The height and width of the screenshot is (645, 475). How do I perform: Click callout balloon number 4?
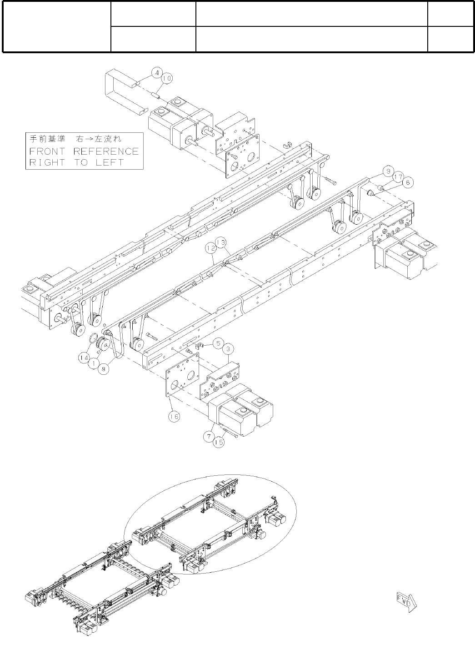click(x=157, y=72)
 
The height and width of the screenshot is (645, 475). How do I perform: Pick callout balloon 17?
click(x=398, y=176)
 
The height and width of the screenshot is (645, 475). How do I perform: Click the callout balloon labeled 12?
click(x=210, y=248)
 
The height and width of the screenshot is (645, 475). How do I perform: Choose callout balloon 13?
click(x=221, y=243)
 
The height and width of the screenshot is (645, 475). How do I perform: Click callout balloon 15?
click(x=219, y=442)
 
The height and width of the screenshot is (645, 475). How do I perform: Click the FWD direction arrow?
click(x=407, y=601)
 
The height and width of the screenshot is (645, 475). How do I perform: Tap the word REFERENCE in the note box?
click(x=106, y=151)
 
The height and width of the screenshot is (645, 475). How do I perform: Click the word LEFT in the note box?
click(x=110, y=162)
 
